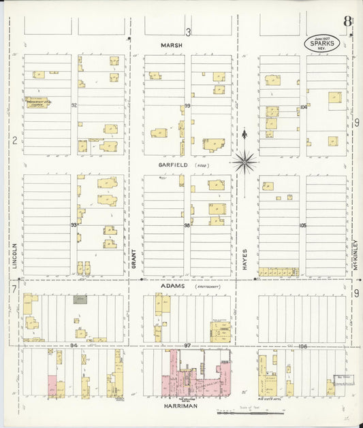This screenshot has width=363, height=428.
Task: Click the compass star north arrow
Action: [x=244, y=161]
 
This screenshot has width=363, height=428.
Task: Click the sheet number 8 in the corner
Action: [x=347, y=21]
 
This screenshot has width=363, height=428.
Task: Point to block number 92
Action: [x=74, y=105]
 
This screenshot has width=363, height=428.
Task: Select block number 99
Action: [x=186, y=106]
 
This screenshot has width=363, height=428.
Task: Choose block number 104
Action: [x=304, y=107]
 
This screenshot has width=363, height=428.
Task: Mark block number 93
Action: [x=74, y=225]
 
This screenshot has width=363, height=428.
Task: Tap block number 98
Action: [x=186, y=225]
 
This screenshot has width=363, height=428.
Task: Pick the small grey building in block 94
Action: [x=80, y=299]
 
